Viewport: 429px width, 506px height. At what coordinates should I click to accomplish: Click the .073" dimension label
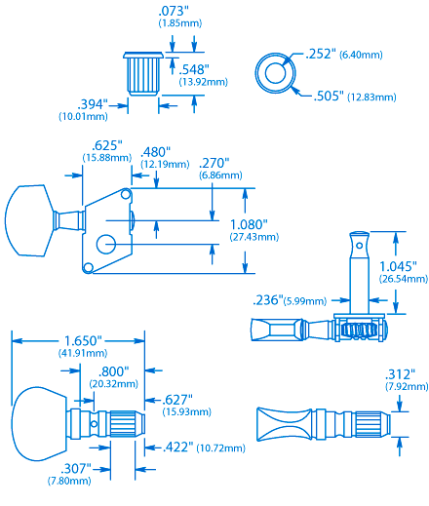[x=174, y=12]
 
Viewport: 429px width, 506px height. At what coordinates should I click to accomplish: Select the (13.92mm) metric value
[x=203, y=82]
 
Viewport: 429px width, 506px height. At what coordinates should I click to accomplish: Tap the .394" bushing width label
[x=93, y=104]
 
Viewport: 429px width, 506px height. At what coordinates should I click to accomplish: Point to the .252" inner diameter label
[x=321, y=55]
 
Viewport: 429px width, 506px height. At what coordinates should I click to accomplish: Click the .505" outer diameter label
[x=329, y=97]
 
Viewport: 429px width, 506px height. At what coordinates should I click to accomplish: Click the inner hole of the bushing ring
[x=275, y=73]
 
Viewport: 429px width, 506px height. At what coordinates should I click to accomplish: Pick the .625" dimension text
[x=107, y=145]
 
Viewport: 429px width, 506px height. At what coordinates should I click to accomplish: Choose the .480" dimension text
[x=155, y=152]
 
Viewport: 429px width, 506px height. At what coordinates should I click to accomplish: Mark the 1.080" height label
[x=249, y=224]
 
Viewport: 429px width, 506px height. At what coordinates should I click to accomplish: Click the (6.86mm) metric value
[x=220, y=175]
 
